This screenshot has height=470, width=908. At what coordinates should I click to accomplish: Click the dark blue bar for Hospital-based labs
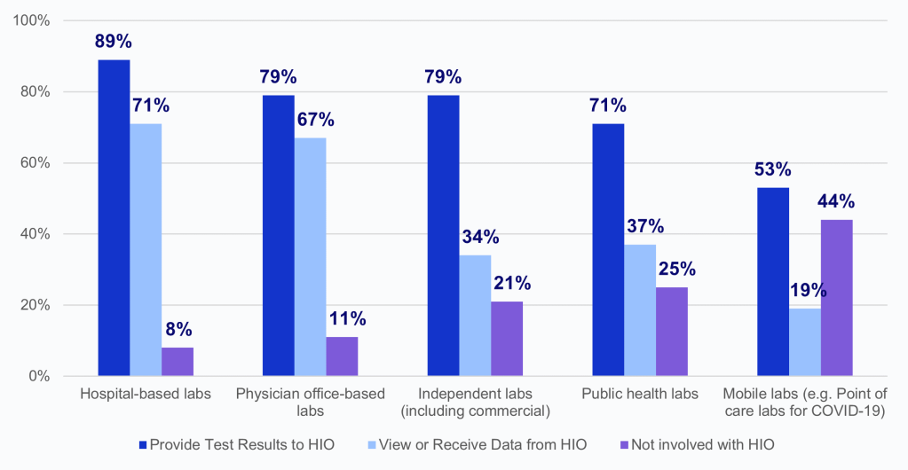pyautogui.click(x=114, y=218)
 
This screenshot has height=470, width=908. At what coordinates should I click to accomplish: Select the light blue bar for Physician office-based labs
pyautogui.click(x=311, y=257)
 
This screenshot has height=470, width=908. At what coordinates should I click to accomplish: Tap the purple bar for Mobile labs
pyautogui.click(x=836, y=298)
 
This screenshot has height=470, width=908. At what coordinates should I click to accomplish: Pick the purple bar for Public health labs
pyautogui.click(x=671, y=332)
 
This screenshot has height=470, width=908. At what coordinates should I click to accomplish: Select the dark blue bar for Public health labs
pyautogui.click(x=608, y=250)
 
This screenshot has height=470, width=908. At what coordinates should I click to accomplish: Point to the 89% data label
pyautogui.click(x=114, y=41)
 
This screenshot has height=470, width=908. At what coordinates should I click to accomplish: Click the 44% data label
pyautogui.click(x=836, y=200)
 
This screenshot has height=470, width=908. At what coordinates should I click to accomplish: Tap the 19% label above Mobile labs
pyautogui.click(x=805, y=289)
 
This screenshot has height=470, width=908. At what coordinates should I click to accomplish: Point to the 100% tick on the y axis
pyautogui.click(x=32, y=20)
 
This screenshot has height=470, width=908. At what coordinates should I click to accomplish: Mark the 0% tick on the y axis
pyautogui.click(x=39, y=376)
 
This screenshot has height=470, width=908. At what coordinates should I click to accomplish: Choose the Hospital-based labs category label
pyautogui.click(x=146, y=394)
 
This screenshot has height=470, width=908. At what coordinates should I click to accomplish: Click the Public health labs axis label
pyautogui.click(x=640, y=394)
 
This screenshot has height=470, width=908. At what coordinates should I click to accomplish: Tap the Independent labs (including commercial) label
pyautogui.click(x=475, y=402)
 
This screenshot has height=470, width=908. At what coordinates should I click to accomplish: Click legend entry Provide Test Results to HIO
pyautogui.click(x=234, y=444)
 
